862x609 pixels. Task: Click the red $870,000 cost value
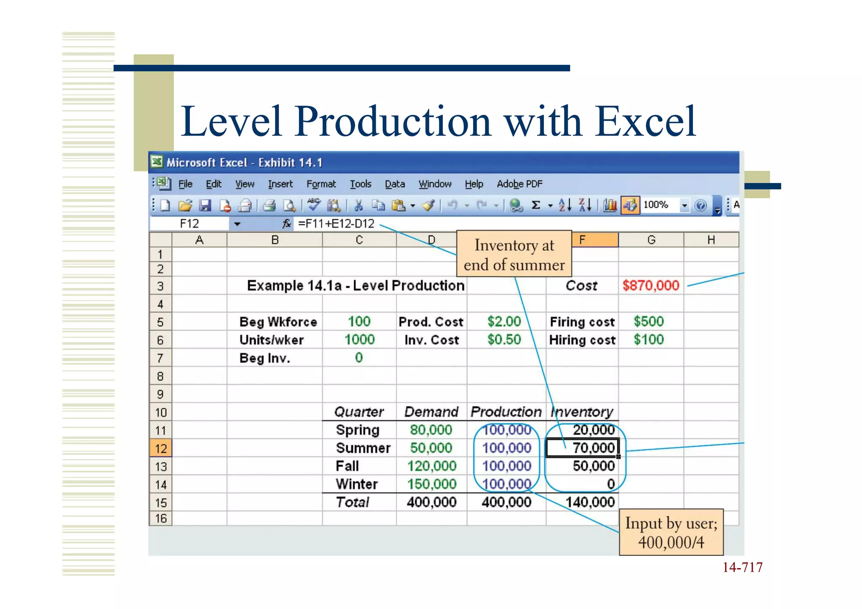650,286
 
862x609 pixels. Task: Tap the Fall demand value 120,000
431,466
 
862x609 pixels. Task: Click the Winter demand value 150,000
431,484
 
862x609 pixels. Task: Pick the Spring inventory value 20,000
593,430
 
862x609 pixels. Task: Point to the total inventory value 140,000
590,502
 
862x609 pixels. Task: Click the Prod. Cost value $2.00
504,322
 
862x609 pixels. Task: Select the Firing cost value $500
649,322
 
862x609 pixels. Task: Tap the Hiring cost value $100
649,340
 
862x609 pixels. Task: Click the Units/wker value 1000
359,340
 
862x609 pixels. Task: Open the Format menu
321,184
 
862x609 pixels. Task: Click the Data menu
394,184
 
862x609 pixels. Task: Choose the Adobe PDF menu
519,184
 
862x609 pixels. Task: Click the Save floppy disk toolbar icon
205,205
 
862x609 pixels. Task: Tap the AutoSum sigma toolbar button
536,205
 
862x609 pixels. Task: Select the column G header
651,240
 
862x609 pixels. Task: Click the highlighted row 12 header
161,449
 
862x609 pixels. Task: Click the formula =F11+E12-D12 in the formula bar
336,223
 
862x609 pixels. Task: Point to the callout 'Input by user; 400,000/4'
671,532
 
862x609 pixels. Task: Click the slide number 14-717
742,568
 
